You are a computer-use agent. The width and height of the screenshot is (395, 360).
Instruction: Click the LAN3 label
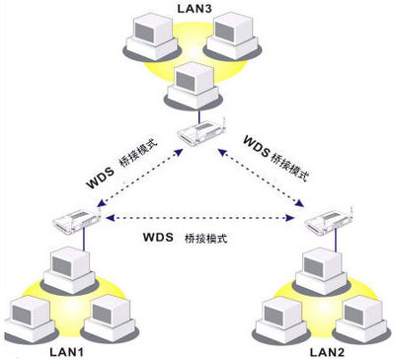pyautogui.click(x=194, y=8)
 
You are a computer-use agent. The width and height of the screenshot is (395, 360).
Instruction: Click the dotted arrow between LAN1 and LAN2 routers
pyautogui.click(x=197, y=217)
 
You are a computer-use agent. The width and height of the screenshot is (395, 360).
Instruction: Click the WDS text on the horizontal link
pyautogui.click(x=158, y=238)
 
